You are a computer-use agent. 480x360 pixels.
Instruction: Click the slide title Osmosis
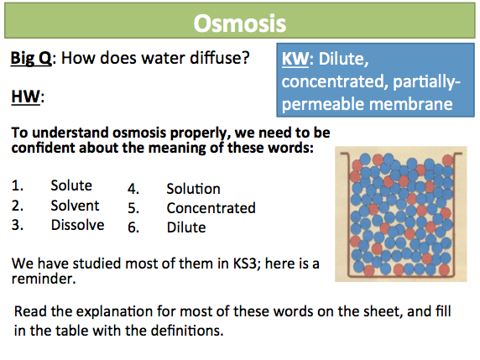pyautogui.click(x=240, y=23)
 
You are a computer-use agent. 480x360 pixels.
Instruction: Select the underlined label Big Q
pyautogui.click(x=31, y=58)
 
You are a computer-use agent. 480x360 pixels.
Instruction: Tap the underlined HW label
pyautogui.click(x=26, y=97)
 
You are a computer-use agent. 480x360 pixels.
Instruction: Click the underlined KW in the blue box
pyautogui.click(x=295, y=59)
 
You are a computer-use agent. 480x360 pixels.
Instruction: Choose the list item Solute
pyautogui.click(x=71, y=185)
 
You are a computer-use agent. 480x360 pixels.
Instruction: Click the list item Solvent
pyautogui.click(x=75, y=206)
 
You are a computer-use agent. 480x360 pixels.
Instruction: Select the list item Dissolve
pyautogui.click(x=78, y=225)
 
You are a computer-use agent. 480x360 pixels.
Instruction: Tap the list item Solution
pyautogui.click(x=194, y=189)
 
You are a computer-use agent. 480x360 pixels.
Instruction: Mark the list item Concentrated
pyautogui.click(x=211, y=208)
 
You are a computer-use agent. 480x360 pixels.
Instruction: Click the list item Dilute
pyautogui.click(x=186, y=227)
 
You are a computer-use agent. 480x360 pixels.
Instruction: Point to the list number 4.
pyautogui.click(x=133, y=189)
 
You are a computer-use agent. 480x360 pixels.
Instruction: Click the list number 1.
pyautogui.click(x=17, y=185)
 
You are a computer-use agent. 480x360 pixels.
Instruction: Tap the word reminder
pyautogui.click(x=44, y=279)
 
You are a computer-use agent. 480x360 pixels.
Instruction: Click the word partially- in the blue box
pyautogui.click(x=427, y=82)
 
